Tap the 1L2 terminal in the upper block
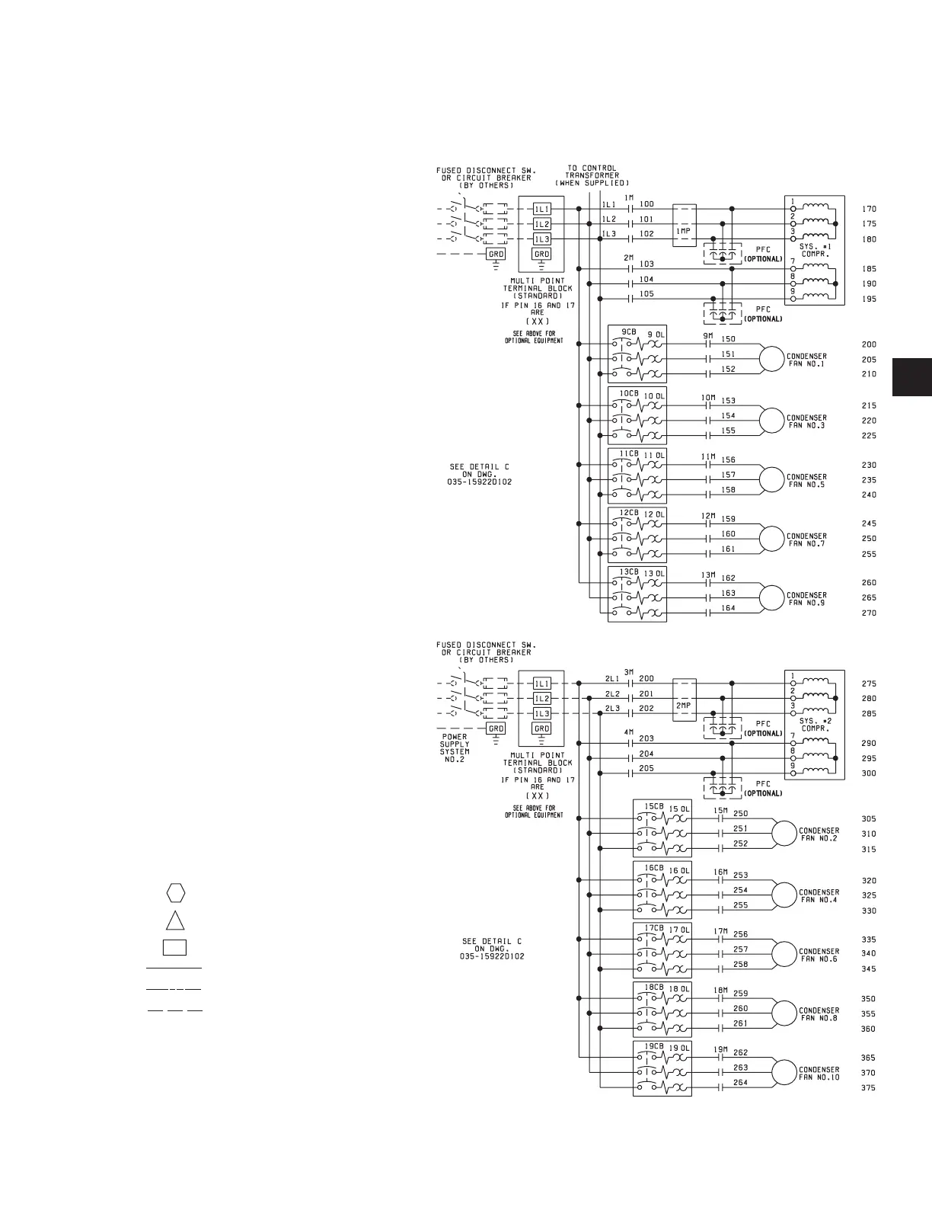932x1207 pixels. [541, 224]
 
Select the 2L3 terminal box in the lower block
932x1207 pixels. [541, 714]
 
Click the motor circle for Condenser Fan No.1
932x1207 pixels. [771, 360]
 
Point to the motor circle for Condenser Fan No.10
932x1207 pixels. [784, 1072]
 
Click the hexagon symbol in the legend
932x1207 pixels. [175, 892]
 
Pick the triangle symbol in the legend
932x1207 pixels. [175, 920]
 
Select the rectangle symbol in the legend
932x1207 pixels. [175, 948]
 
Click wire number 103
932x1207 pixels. [646, 264]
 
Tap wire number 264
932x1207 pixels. [740, 1082]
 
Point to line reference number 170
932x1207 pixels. [869, 209]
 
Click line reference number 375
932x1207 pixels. [869, 1088]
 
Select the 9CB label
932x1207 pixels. [629, 332]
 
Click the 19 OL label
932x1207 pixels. [679, 1048]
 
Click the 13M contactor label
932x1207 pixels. [708, 575]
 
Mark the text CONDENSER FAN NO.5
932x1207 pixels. [806, 481]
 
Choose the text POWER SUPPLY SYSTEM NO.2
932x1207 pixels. [455, 748]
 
